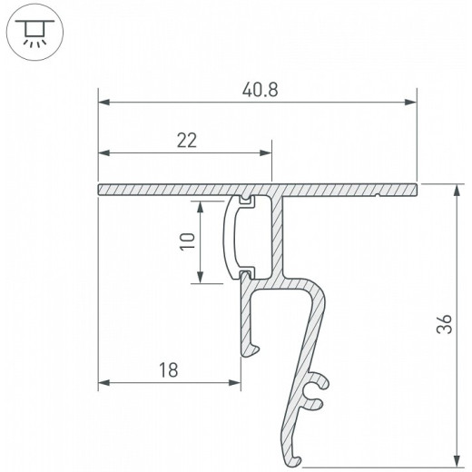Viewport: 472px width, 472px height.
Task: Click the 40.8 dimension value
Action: pos(260,90)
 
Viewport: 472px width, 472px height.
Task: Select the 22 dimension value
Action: pos(187,140)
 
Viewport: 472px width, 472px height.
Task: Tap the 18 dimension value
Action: pos(169,370)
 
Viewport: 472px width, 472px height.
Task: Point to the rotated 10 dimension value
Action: pos(188,241)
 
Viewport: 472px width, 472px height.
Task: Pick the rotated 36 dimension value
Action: pos(444,324)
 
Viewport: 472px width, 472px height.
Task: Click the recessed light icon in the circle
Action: pos(34,33)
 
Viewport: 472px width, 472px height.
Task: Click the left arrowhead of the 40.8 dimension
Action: pos(103,103)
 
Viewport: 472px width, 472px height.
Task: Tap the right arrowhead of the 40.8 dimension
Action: pos(411,103)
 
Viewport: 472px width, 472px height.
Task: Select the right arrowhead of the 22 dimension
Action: pos(266,152)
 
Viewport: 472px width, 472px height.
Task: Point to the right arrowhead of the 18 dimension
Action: pos(235,383)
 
